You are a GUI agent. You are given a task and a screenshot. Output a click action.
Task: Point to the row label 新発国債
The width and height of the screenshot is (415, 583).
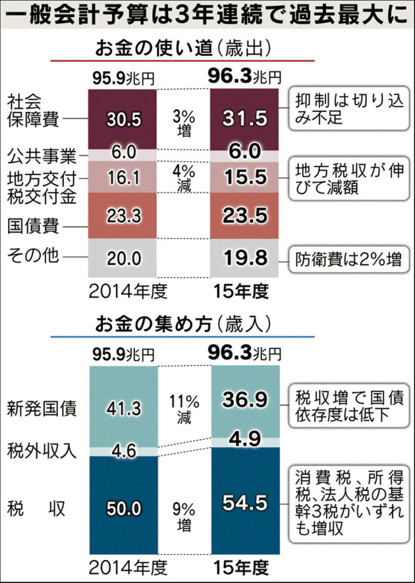pos(43,408)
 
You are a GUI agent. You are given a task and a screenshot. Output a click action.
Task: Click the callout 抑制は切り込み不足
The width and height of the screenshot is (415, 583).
pos(344,111)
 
